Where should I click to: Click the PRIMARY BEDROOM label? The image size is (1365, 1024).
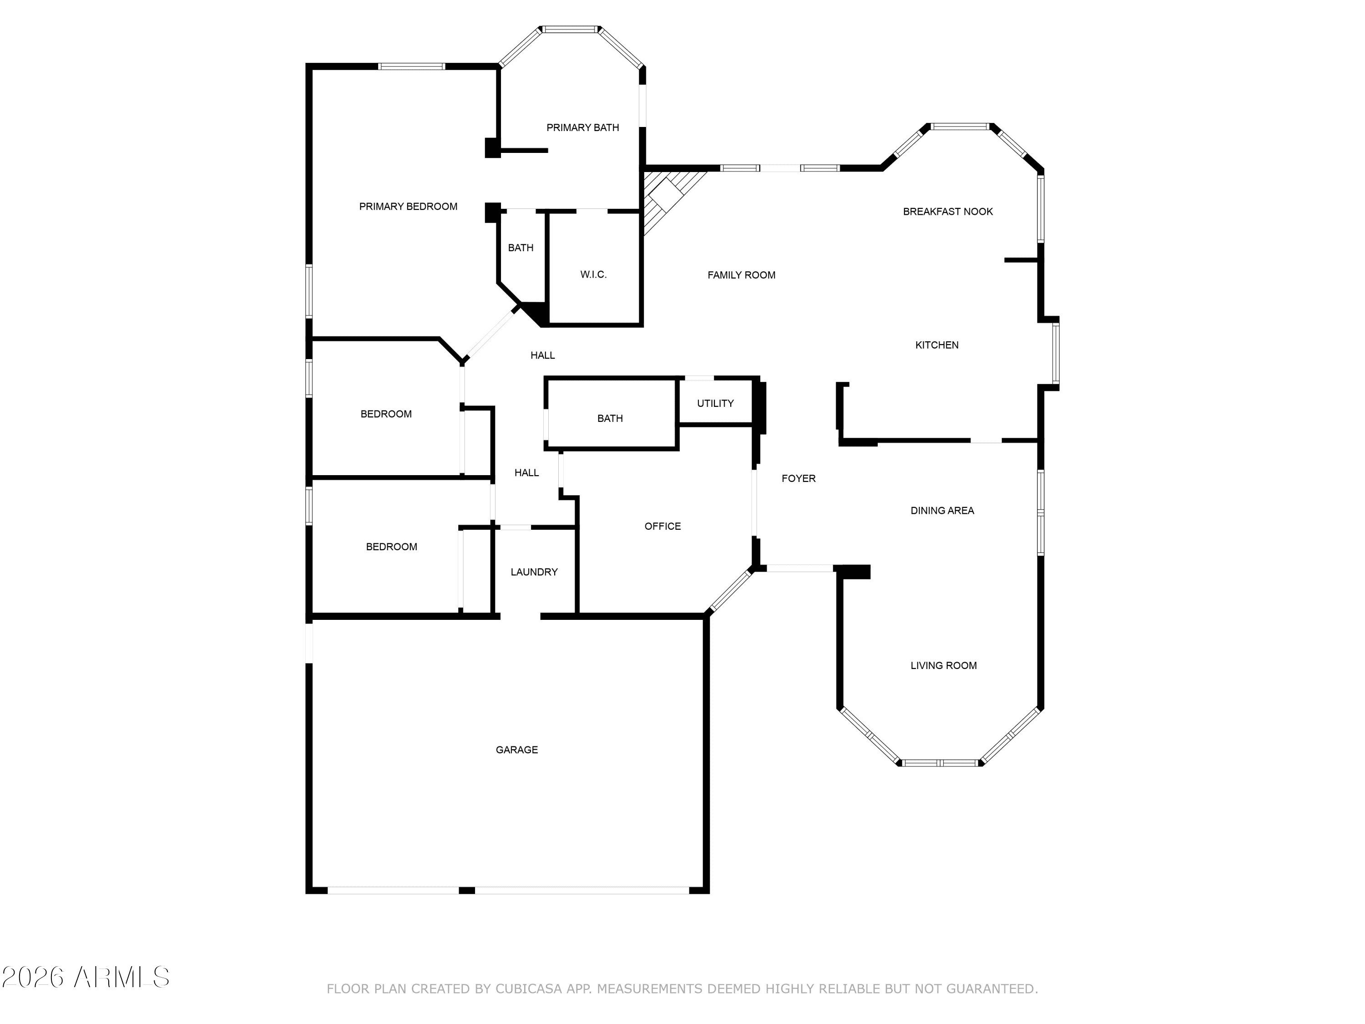pos(408,207)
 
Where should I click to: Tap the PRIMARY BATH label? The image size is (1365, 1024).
pos(582,128)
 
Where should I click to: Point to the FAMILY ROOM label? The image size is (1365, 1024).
pos(741,275)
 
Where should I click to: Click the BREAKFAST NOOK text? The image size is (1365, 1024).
pos(948,212)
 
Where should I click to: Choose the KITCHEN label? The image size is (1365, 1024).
pos(937,345)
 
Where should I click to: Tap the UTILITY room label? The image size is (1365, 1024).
pos(715,404)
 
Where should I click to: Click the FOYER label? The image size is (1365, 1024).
pos(799,478)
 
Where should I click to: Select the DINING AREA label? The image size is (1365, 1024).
pos(942,511)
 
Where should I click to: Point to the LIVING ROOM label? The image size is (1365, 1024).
pos(944,665)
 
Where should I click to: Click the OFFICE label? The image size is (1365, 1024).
pos(663,527)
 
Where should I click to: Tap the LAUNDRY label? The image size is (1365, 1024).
pos(534,572)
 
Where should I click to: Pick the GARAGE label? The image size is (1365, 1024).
pos(516,750)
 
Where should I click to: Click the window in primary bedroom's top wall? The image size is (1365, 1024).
pos(412,66)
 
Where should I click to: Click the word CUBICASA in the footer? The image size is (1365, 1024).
pos(529,989)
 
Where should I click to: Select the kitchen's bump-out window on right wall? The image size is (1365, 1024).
pos(1056,354)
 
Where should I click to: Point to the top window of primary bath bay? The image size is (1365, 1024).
pos(570,29)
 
